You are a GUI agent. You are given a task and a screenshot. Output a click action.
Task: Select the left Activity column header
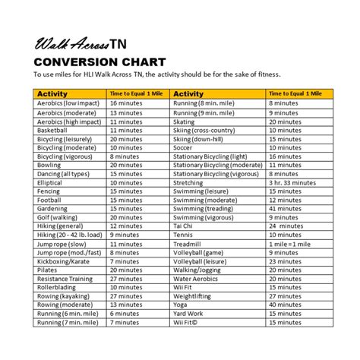pyautogui.click(x=53, y=93)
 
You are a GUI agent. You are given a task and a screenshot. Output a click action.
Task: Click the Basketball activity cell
pyautogui.click(x=52, y=130)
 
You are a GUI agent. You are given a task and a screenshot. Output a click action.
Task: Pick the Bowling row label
pyautogui.click(x=49, y=163)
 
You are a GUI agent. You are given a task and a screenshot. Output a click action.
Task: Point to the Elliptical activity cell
pyautogui.click(x=51, y=182)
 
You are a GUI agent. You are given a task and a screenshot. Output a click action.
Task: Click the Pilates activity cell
pyautogui.click(x=47, y=270)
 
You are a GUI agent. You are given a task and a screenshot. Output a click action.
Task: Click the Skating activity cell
pyautogui.click(x=185, y=121)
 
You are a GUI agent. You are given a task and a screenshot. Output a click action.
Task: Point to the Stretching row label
pyautogui.click(x=189, y=182)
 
